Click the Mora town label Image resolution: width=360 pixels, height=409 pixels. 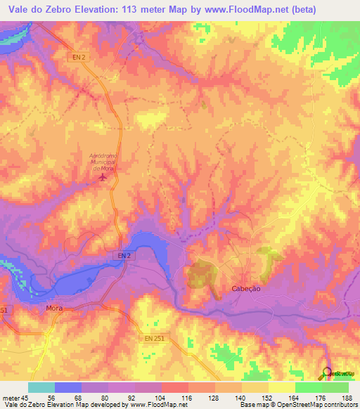[x=54, y=309]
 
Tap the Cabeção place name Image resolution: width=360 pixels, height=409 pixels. [x=246, y=289]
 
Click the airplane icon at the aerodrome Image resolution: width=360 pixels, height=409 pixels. [x=105, y=178]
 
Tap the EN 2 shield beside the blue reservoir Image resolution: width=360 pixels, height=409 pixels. [x=124, y=257]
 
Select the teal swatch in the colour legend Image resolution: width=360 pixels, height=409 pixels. [x=41, y=387]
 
